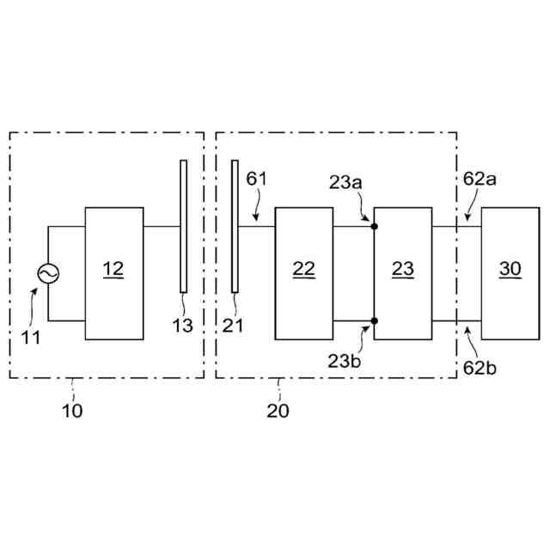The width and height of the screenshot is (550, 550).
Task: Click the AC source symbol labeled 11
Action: click(47, 273)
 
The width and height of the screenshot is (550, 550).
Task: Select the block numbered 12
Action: click(113, 273)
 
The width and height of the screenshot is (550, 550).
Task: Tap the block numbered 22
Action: click(304, 273)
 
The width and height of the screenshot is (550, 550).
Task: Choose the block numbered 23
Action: click(403, 273)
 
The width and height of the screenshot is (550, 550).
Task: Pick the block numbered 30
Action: click(510, 273)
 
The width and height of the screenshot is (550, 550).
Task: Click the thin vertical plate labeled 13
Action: click(183, 225)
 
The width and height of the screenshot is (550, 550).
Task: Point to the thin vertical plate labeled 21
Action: click(234, 225)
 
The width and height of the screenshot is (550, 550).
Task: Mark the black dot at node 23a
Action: click(375, 226)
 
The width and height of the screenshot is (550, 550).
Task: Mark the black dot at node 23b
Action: click(375, 321)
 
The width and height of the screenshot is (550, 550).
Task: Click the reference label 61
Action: click(257, 180)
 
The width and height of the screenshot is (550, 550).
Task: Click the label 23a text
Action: click(345, 183)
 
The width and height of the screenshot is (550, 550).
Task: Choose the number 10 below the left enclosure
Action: click(72, 411)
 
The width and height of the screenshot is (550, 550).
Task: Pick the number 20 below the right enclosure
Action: click(278, 411)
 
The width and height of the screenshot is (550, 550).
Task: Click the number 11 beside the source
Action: click(31, 337)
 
